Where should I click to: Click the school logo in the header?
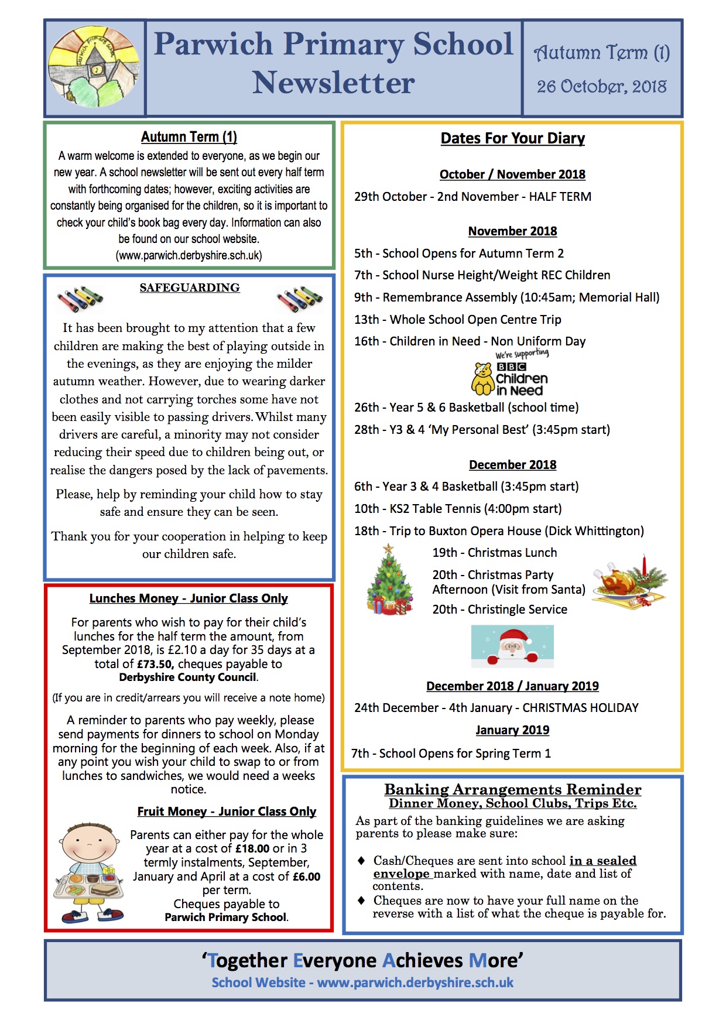coord(94,67)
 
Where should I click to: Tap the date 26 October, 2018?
coord(601,87)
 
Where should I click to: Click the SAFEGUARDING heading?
coord(190,287)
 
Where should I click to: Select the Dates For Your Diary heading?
coord(512,138)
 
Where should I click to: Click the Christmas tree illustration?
coord(389,581)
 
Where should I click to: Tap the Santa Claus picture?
coord(512,646)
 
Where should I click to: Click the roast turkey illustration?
coord(629,582)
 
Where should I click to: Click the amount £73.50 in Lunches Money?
coord(155,664)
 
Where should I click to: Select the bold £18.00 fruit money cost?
coord(252,848)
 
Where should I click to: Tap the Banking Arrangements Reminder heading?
coord(512,789)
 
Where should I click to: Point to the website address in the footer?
coord(415,983)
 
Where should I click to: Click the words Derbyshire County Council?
coord(187,677)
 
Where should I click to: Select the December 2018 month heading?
coord(512,464)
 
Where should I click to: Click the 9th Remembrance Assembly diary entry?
coord(506,297)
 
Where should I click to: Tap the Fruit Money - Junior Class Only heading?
coord(227,812)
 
